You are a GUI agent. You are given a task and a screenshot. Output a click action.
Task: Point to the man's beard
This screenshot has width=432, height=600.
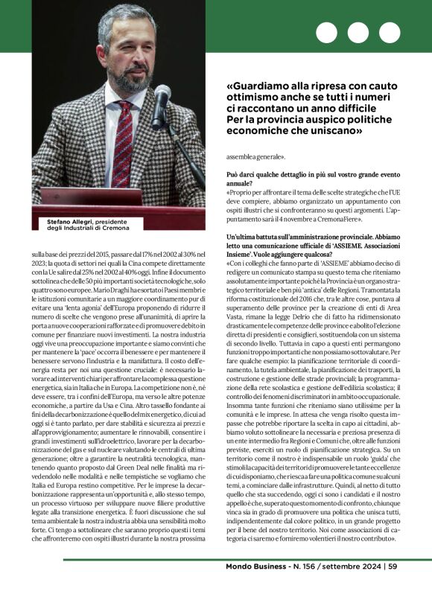click(126, 71)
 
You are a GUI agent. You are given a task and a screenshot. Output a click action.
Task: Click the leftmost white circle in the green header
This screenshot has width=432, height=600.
click(327, 33)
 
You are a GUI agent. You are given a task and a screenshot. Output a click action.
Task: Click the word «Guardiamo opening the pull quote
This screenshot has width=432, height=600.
click(258, 85)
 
